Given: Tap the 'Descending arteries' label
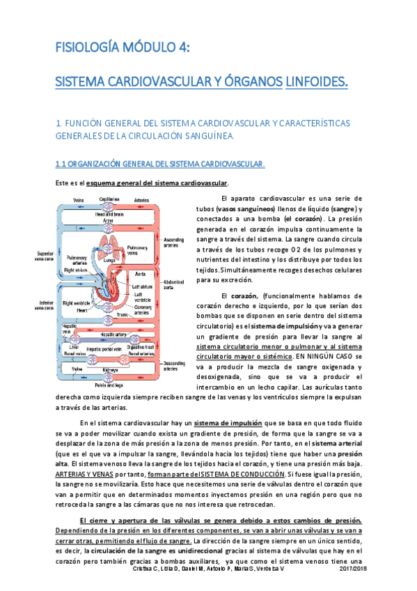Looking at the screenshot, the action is tap(174, 364).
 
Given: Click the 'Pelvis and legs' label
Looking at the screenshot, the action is tap(109, 385).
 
